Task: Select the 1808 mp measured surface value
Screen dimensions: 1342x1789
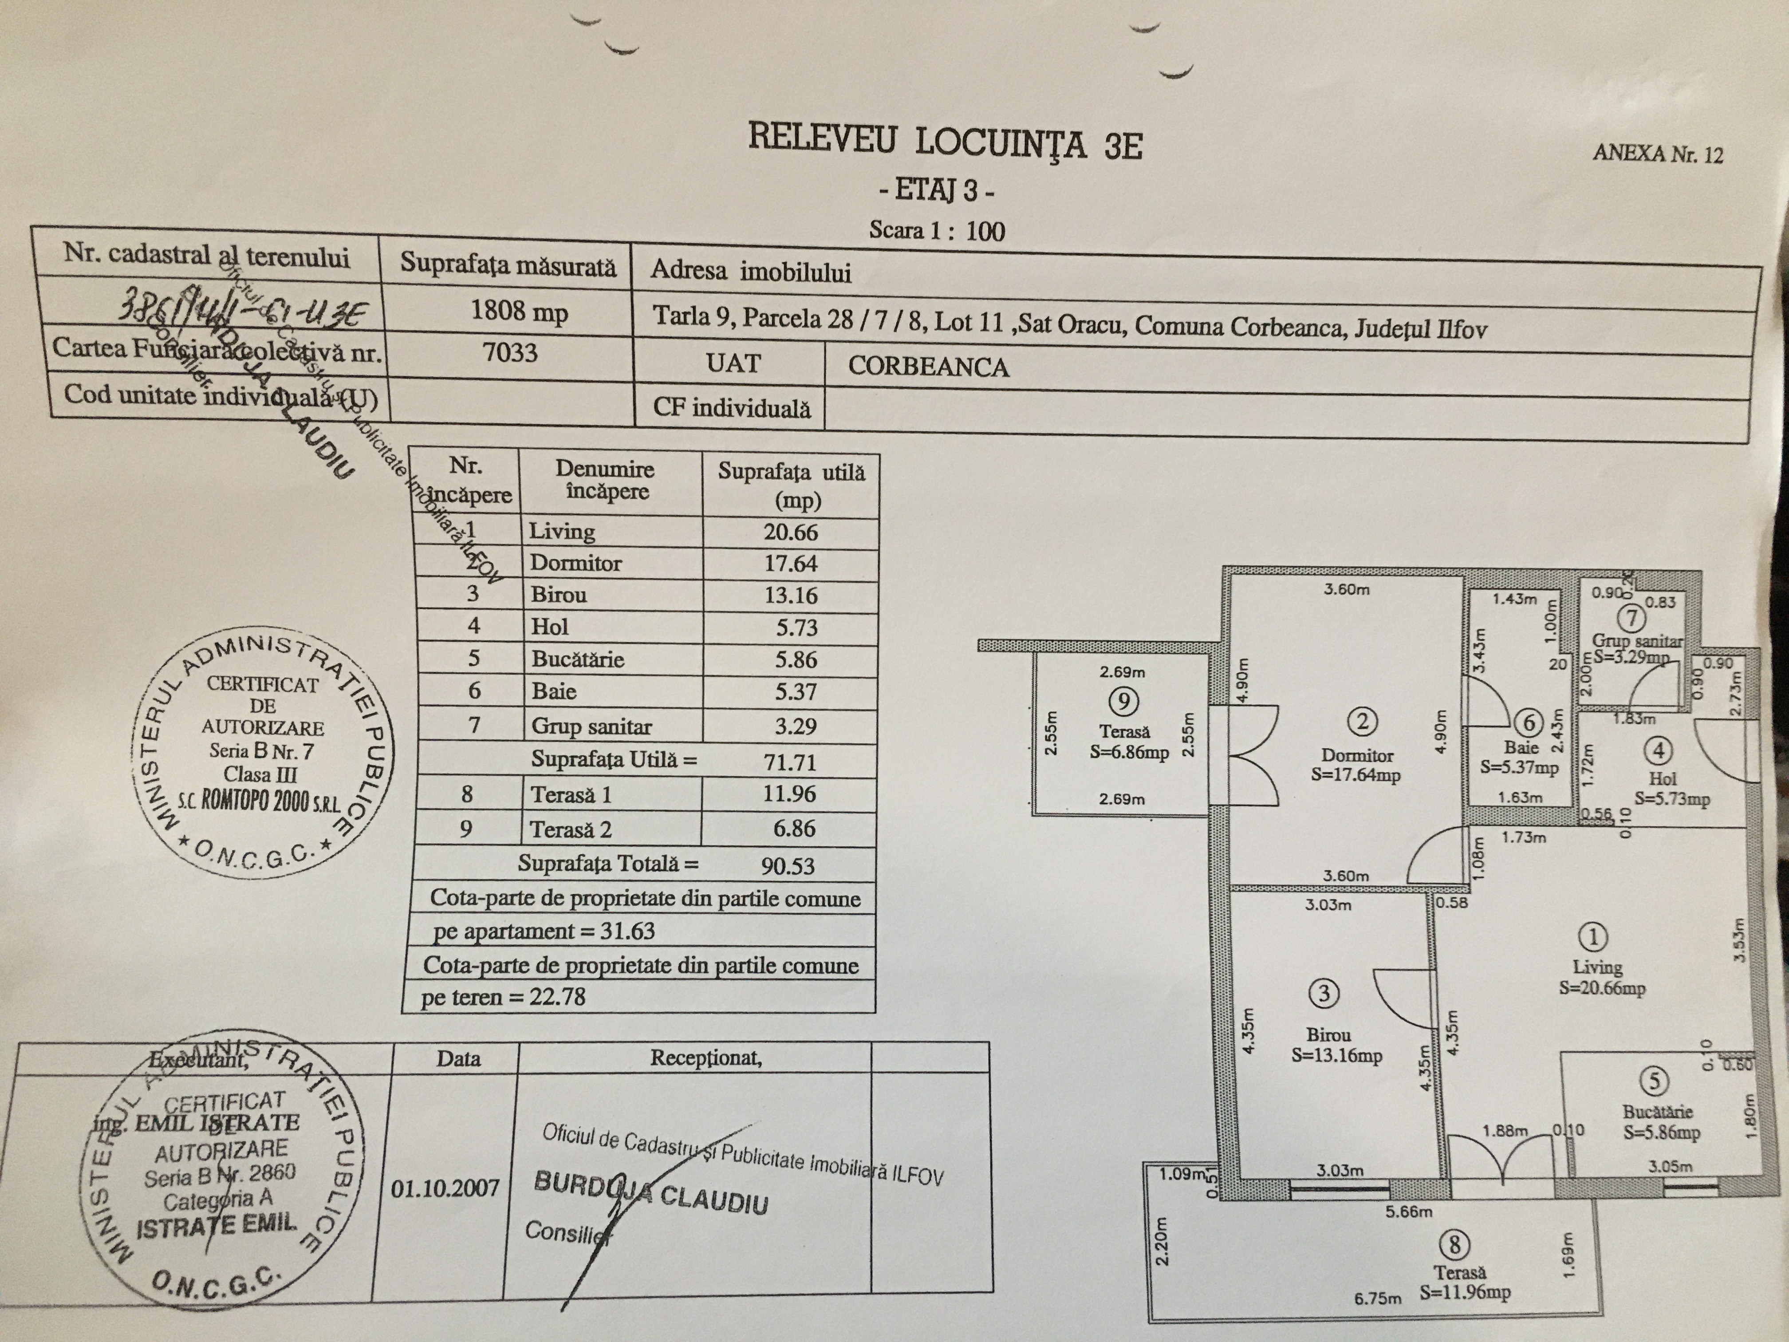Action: click(519, 312)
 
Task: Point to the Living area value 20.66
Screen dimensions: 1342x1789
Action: click(790, 532)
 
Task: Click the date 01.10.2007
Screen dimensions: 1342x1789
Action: click(445, 1188)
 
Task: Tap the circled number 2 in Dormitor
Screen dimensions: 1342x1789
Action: click(1363, 721)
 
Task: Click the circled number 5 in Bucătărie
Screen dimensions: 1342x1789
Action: click(1654, 1081)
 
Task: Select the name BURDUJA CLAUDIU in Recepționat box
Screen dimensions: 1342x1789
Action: click(650, 1193)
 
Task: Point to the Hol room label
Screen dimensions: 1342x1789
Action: click(1663, 778)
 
